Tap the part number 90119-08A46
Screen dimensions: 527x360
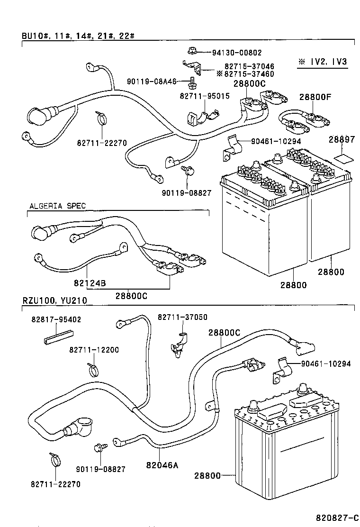click(152, 82)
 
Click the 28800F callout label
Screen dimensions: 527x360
click(315, 97)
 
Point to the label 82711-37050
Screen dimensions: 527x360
click(182, 317)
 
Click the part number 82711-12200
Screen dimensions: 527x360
click(94, 350)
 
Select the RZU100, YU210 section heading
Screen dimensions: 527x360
click(54, 300)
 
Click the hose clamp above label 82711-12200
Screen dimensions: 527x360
click(94, 368)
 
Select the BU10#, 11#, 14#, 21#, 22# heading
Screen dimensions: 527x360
click(79, 36)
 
